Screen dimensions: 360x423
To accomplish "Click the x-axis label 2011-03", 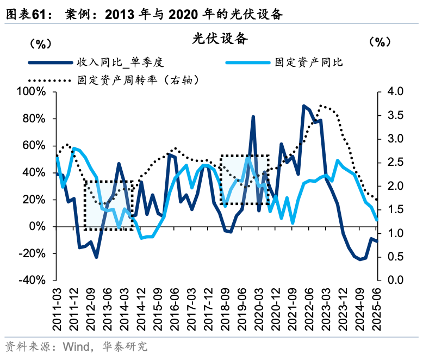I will [57, 307].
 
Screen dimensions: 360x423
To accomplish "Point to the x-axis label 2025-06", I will [376, 307].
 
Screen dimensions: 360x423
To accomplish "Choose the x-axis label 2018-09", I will [225, 307].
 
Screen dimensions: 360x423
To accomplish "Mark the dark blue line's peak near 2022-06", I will [304, 106].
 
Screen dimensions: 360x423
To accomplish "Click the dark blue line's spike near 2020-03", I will [253, 116].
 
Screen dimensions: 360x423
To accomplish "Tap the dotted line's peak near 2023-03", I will [321, 105].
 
